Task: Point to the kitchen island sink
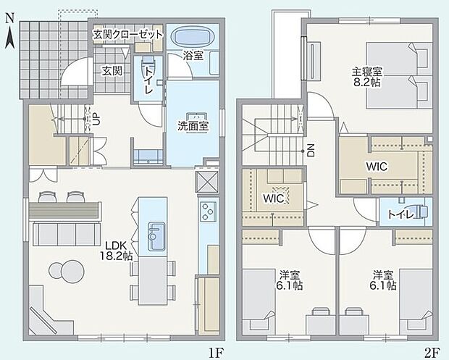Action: [157, 235]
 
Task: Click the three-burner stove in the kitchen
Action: [207, 211]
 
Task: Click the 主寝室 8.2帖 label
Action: [367, 77]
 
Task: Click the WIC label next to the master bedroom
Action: [376, 167]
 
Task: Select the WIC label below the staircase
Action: [273, 197]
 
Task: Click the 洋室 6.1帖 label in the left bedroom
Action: [290, 280]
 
